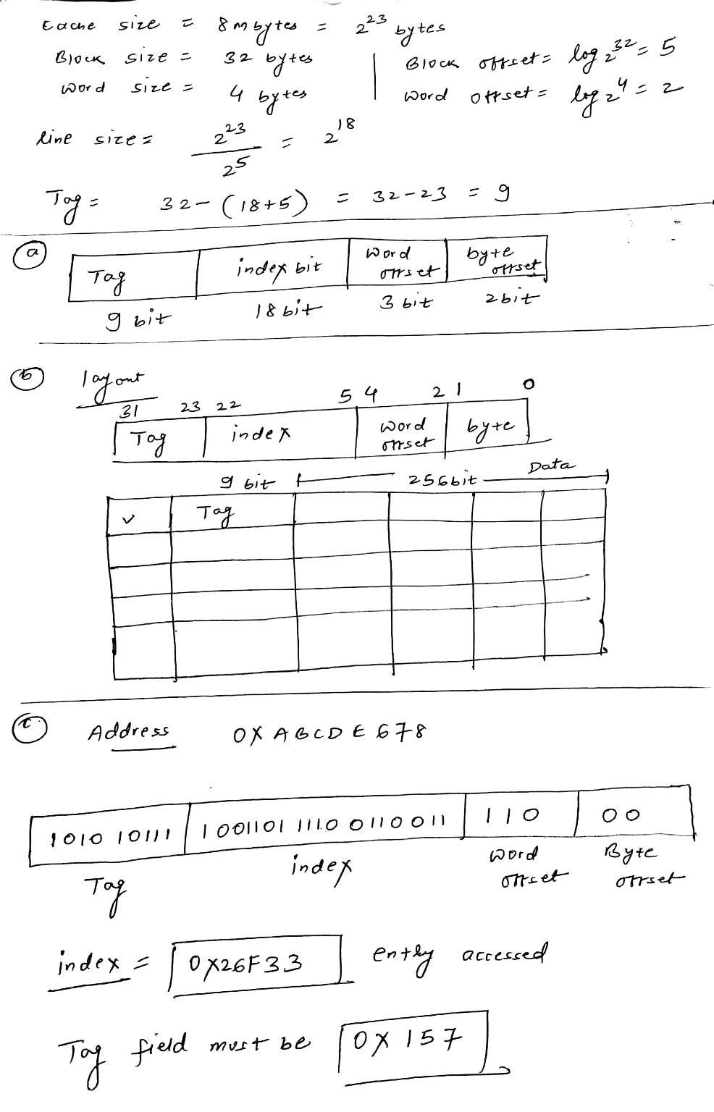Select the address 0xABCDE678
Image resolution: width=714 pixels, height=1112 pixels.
(x=329, y=733)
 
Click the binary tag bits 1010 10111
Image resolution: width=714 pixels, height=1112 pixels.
(x=109, y=838)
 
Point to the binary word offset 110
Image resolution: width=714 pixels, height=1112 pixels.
(x=511, y=815)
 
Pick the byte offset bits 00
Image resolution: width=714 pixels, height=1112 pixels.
(x=622, y=815)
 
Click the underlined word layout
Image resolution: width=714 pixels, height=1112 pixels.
(x=113, y=379)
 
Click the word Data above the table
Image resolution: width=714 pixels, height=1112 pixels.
(x=549, y=466)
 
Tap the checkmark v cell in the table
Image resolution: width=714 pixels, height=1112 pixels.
(x=129, y=518)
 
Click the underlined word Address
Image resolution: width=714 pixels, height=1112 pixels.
(x=128, y=731)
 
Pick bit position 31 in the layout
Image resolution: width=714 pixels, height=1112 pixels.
(x=128, y=410)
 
